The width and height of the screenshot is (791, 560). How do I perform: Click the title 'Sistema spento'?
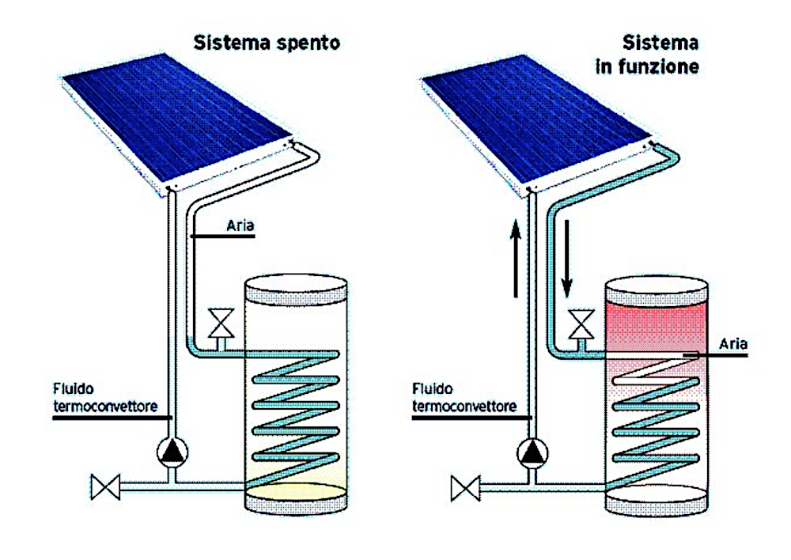(x=267, y=44)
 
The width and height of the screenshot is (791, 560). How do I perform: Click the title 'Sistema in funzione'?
(x=648, y=55)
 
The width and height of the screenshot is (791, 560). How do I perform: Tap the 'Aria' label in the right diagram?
(x=733, y=344)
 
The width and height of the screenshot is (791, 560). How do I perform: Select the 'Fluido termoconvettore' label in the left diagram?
(x=105, y=398)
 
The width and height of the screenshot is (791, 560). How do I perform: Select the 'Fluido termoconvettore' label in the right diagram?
(x=464, y=398)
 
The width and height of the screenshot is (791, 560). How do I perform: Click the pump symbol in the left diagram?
(x=172, y=452)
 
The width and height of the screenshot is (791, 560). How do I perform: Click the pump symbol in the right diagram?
(x=532, y=452)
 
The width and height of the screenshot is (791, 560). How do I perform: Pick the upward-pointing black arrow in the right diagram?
(x=515, y=258)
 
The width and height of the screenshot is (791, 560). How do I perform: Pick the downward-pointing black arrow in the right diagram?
(x=567, y=258)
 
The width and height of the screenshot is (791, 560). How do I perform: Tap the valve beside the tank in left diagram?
(x=221, y=324)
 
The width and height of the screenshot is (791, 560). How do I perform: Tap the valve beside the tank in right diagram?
(x=581, y=324)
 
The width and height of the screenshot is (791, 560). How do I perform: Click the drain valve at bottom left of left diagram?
(x=105, y=487)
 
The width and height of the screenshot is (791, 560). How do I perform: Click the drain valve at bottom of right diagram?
(x=465, y=488)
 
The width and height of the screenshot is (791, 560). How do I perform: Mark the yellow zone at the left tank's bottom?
(x=296, y=487)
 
